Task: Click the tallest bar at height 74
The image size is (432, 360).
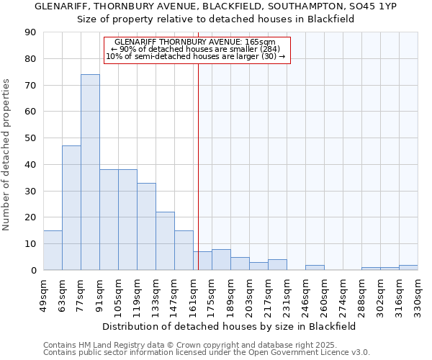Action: [90, 173]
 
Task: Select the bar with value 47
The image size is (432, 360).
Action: [71, 208]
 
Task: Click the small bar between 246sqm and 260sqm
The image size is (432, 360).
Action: [315, 268]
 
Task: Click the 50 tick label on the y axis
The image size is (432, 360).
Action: [31, 138]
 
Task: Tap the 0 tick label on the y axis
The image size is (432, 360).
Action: [33, 270]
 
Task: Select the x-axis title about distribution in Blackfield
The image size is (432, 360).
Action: [230, 326]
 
